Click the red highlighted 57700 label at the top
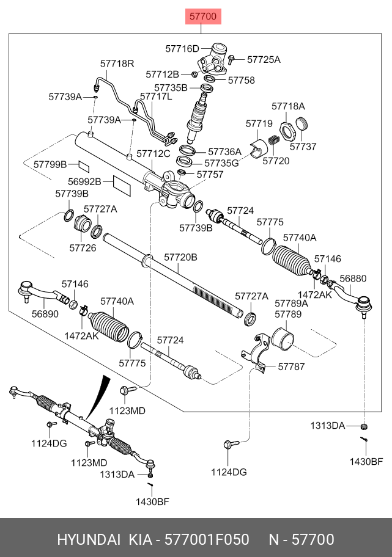[203, 16]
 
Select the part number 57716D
[183, 48]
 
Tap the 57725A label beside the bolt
[264, 59]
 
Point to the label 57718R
[117, 63]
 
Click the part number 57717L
[156, 96]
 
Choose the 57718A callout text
[288, 106]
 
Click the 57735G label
[221, 163]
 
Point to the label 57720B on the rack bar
[181, 258]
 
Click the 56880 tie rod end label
[353, 278]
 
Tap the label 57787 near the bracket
[291, 366]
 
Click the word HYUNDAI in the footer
[89, 540]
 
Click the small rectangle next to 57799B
[83, 164]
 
